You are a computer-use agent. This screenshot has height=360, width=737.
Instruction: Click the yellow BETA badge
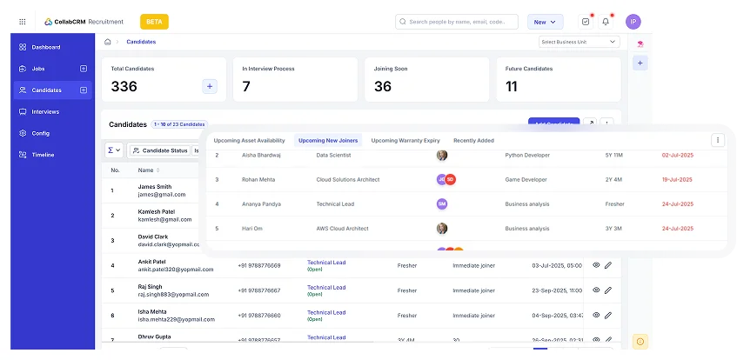154,22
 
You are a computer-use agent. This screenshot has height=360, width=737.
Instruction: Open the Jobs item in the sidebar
38,68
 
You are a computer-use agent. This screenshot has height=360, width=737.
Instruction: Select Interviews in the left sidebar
45,111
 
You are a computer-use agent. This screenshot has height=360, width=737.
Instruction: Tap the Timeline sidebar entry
43,155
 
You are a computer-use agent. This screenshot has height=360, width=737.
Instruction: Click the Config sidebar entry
40,133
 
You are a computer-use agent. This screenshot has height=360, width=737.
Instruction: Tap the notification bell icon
606,22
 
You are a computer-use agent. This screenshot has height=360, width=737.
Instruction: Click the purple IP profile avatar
633,22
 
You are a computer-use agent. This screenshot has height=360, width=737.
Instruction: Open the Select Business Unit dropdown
579,42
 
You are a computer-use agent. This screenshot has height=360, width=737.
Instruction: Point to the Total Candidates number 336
124,86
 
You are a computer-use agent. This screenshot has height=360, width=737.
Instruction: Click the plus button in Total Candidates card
210,86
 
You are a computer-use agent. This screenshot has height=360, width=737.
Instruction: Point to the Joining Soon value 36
383,86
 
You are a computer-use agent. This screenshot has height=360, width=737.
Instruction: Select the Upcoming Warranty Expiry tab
405,140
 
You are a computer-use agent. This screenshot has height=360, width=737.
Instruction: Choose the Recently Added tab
473,140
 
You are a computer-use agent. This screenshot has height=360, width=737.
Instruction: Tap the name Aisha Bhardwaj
260,155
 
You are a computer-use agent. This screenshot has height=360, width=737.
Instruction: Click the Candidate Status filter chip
160,150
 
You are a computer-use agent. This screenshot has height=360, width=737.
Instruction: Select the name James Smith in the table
154,187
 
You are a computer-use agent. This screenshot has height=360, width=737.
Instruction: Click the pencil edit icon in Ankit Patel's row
608,265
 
